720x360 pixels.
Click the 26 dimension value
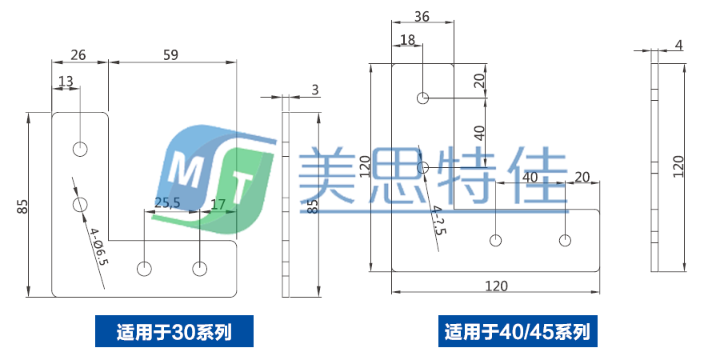pos(78,54)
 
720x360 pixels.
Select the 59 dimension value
pos(170,54)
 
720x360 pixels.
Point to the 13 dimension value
pos(66,81)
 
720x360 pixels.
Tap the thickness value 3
pos(315,90)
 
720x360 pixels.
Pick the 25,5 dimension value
pos(166,203)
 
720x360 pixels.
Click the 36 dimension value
pos(422,16)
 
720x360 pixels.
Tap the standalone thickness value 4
pos(678,45)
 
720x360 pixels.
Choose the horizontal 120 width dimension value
pos(496,286)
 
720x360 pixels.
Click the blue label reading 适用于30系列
pos(174,331)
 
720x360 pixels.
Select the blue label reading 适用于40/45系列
pos(518,331)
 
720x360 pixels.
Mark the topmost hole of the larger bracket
pos(423,98)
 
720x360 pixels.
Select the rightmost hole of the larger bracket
pos(566,240)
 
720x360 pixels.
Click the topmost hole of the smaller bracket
pos(80,149)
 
